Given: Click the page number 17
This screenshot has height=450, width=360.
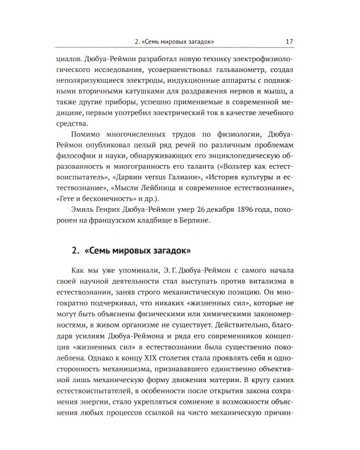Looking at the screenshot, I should (x=289, y=41).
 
